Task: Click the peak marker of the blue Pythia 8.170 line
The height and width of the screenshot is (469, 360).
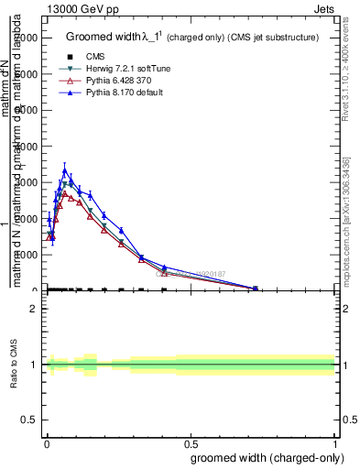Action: (x=64, y=170)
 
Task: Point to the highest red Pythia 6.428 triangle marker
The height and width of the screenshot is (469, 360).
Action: (x=64, y=193)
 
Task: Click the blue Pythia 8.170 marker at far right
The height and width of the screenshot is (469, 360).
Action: (x=256, y=288)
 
